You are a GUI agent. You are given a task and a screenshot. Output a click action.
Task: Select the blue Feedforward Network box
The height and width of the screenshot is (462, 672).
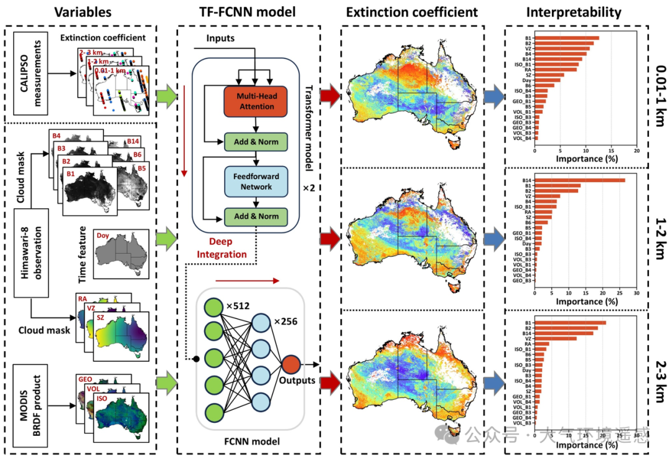click(x=256, y=180)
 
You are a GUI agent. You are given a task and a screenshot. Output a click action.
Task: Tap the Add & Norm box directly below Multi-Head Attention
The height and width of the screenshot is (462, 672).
click(x=256, y=141)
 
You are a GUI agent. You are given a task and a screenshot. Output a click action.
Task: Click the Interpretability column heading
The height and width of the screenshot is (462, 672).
click(x=573, y=12)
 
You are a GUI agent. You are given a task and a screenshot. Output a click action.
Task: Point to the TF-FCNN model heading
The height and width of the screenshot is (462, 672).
click(x=248, y=12)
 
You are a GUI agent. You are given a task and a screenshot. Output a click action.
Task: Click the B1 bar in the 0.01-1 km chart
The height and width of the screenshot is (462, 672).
click(x=566, y=39)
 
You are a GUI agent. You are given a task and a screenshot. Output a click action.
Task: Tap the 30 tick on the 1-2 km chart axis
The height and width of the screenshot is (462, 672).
click(x=636, y=292)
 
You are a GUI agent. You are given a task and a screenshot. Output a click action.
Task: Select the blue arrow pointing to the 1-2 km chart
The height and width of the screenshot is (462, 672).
click(x=493, y=237)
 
